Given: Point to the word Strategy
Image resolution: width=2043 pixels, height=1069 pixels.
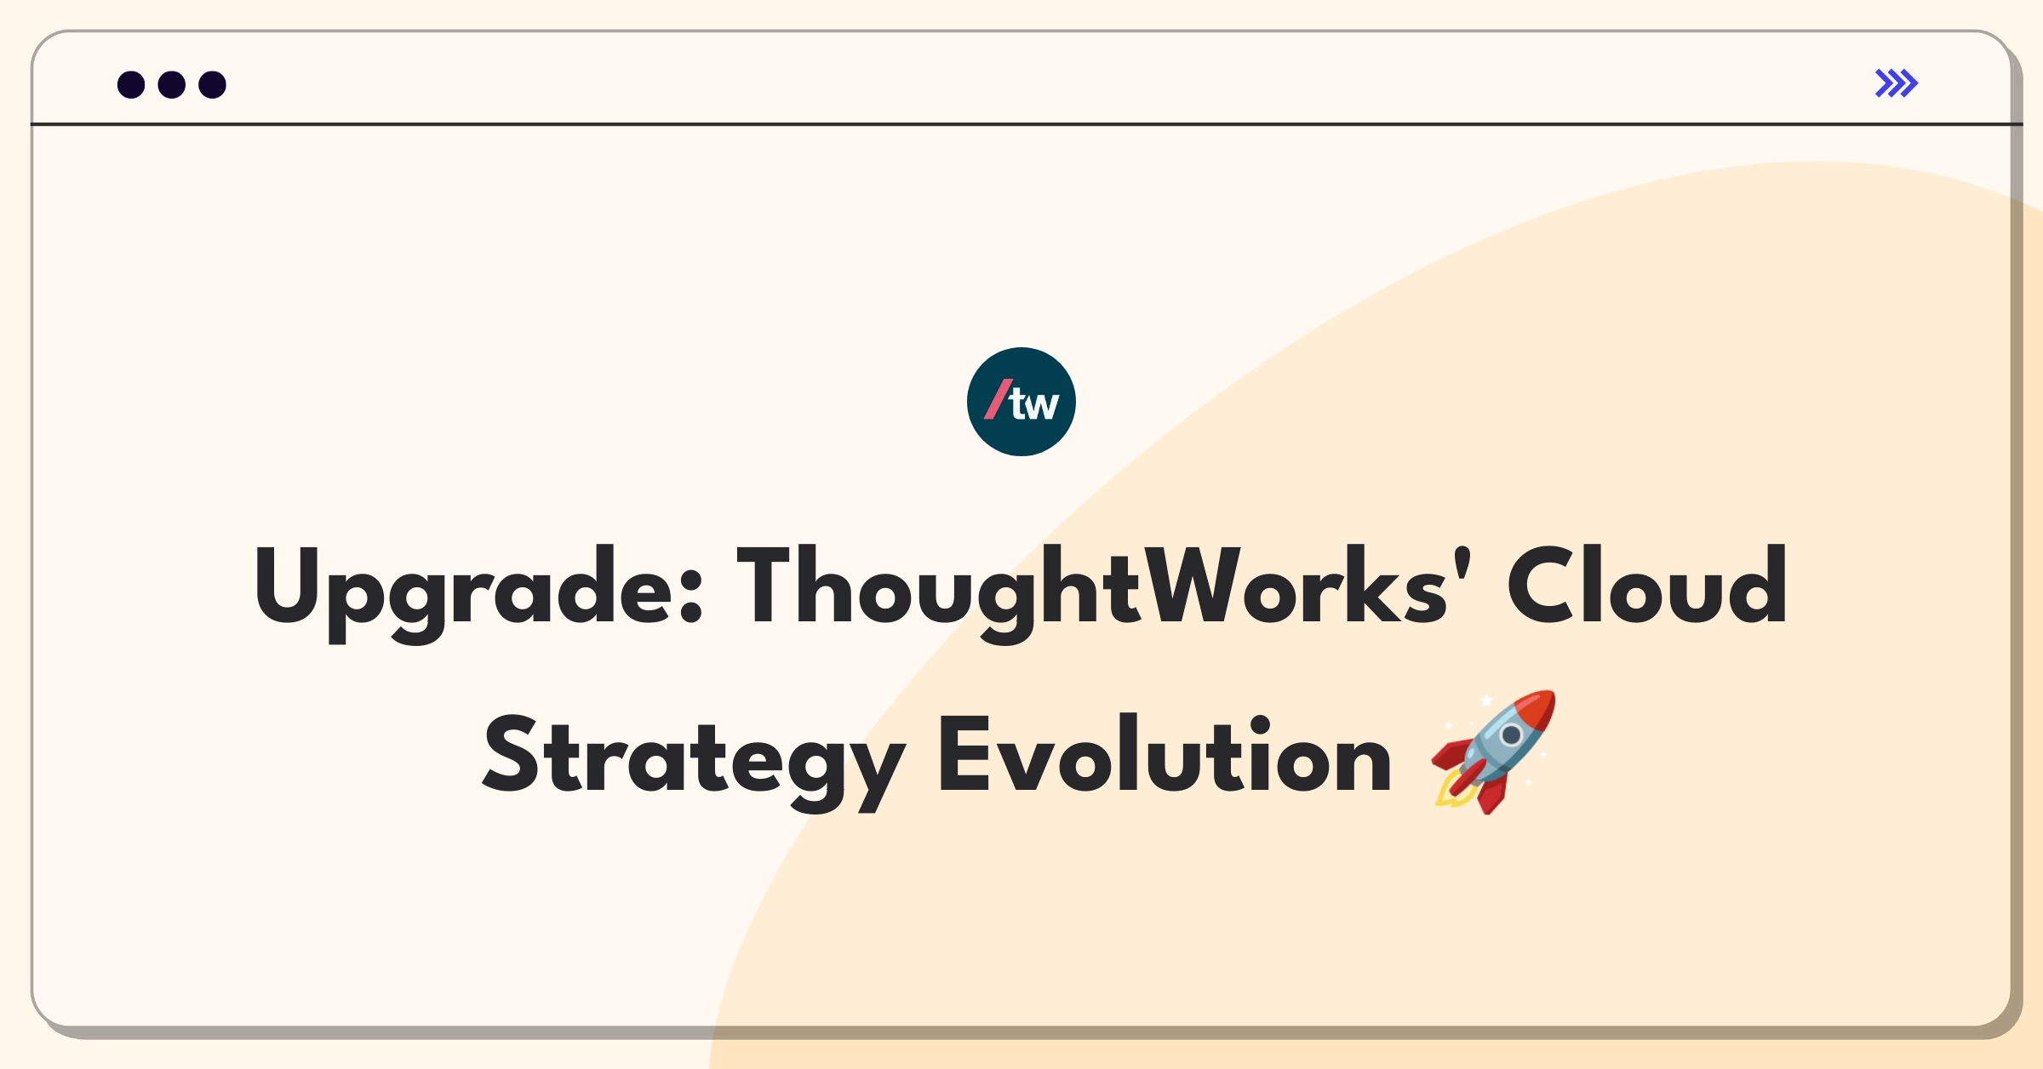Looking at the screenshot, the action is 694,761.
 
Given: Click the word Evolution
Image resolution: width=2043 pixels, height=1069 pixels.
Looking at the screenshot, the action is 1165,754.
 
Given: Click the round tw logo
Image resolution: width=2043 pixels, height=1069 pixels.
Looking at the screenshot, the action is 1021,402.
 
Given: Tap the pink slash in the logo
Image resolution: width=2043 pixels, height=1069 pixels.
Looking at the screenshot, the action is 999,399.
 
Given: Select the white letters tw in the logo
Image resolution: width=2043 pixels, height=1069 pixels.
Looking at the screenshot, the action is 1035,403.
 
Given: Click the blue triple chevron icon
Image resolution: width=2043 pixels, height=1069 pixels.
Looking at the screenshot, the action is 1897,83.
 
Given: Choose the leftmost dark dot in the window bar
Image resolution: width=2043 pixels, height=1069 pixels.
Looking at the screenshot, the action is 131,84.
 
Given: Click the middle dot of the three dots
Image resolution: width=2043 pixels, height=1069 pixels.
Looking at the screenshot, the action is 172,84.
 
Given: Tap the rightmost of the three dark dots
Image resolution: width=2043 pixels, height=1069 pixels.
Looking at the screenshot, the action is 213,84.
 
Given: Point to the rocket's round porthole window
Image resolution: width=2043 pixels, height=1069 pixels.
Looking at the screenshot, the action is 1511,735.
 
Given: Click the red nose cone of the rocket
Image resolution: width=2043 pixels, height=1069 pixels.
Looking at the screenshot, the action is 1536,709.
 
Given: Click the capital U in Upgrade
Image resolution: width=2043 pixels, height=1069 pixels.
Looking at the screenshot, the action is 286,585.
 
